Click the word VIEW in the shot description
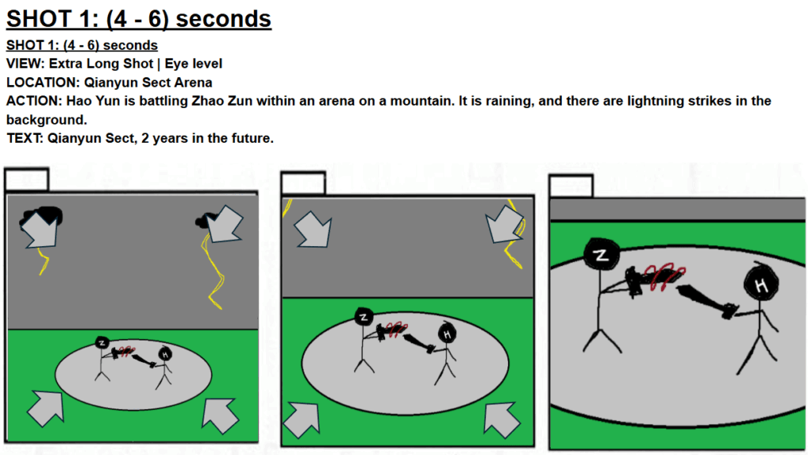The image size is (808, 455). coord(24,64)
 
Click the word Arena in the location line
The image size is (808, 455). coord(193,82)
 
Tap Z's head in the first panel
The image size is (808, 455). coord(102,342)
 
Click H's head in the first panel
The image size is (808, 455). coord(165,353)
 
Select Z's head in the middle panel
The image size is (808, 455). coord(364,316)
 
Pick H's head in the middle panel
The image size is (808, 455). coord(447,334)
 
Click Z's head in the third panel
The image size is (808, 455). coord(601,254)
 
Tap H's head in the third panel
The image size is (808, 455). coord(761,284)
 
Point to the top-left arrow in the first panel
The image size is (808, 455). coord(40,229)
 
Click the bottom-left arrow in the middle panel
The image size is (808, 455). coord(302,420)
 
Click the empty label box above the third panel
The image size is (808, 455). coord(571,186)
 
